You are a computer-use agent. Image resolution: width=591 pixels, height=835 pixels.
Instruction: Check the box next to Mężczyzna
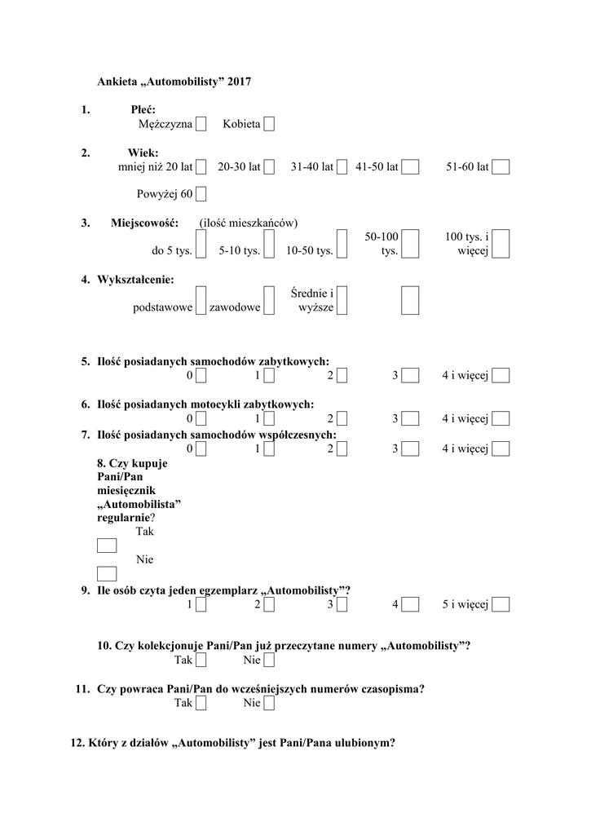click(x=201, y=124)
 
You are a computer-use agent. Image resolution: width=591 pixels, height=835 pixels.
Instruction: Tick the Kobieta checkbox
click(x=269, y=124)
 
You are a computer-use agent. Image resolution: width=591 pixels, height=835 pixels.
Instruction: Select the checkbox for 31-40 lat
click(x=342, y=167)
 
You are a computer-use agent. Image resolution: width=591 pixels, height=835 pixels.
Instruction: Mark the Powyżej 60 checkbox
click(x=201, y=194)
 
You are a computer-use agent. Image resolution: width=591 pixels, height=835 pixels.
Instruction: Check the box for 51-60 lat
click(x=501, y=167)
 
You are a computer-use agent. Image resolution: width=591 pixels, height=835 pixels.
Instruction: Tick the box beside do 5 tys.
click(x=201, y=243)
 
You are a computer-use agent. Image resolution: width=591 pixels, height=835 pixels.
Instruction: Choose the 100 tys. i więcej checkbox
click(x=501, y=243)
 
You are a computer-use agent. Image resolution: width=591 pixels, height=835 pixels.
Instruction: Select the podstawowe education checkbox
click(x=201, y=300)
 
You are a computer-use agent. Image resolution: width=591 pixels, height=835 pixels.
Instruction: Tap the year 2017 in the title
click(x=240, y=82)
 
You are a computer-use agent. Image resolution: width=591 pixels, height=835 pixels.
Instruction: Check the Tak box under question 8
click(x=107, y=546)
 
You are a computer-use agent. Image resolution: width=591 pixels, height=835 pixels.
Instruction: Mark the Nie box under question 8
click(x=107, y=573)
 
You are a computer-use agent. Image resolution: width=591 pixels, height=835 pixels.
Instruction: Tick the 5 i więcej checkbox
click(x=501, y=604)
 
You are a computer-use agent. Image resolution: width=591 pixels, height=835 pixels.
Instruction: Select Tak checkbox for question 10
click(x=201, y=660)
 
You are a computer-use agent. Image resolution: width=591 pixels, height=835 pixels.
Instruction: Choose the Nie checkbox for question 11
click(x=269, y=703)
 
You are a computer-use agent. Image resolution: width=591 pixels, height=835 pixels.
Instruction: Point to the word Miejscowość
click(x=143, y=223)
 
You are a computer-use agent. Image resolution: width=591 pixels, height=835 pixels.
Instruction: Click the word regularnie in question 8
click(x=122, y=517)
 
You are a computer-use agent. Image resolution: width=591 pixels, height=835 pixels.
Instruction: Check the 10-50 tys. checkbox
click(x=342, y=243)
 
